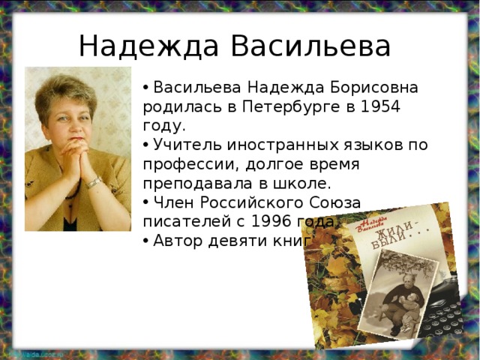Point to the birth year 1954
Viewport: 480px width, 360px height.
(379, 106)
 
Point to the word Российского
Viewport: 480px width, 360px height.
(250, 203)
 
